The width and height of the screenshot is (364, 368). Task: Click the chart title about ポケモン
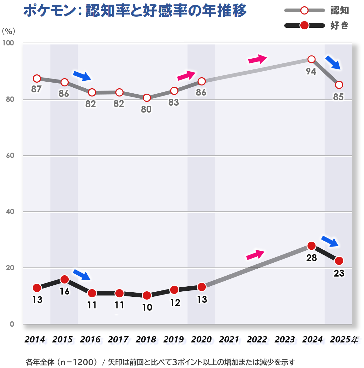click(135, 11)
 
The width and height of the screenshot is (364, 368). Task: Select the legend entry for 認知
click(316, 10)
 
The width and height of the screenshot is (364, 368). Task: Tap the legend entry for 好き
click(316, 26)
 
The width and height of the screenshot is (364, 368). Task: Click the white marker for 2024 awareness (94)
click(311, 59)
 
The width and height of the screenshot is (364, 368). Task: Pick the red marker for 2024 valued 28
click(311, 246)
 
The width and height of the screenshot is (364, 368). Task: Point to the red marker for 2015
click(65, 279)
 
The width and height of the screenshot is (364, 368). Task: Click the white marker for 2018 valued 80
click(147, 98)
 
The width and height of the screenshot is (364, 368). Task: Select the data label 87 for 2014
click(36, 89)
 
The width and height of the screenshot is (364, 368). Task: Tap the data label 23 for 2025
click(339, 273)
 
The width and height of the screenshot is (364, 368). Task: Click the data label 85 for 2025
click(338, 97)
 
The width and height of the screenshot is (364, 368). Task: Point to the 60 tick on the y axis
click(10, 155)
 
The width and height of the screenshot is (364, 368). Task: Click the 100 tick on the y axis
click(9, 43)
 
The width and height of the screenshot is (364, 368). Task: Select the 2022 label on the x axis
click(257, 340)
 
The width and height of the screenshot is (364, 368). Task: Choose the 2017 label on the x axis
click(118, 340)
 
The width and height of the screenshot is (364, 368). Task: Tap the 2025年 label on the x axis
click(344, 340)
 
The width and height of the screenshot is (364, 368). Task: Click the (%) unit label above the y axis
click(8, 31)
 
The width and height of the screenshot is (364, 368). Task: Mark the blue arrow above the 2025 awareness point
click(333, 62)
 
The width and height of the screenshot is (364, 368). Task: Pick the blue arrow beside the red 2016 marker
click(82, 275)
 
